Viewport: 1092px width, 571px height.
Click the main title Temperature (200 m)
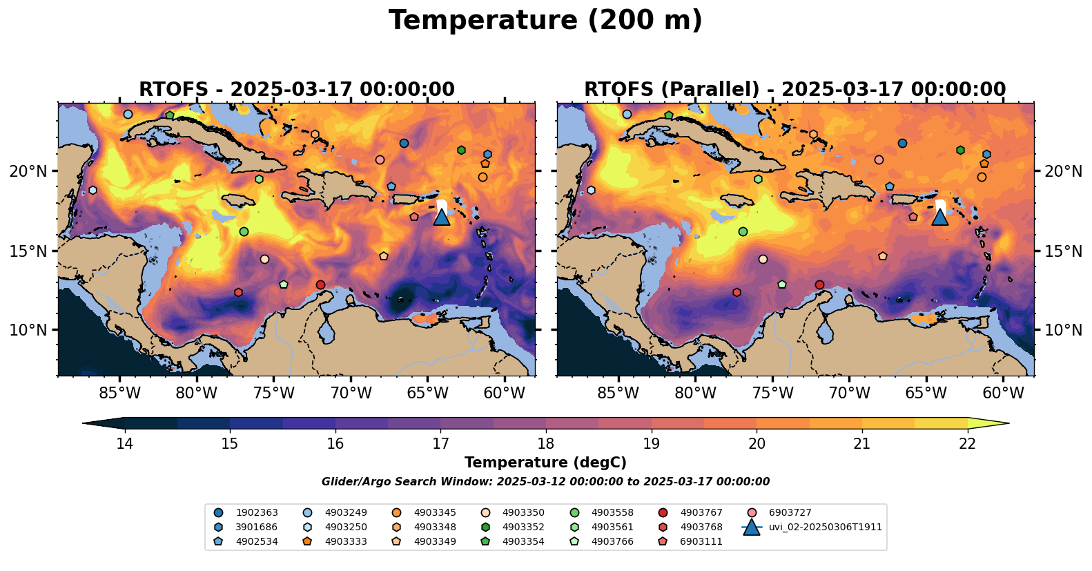pos(545,21)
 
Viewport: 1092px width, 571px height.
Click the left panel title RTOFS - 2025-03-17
pos(297,90)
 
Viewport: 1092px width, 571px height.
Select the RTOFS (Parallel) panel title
pos(795,90)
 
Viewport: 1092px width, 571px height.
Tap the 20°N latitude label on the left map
pos(28,171)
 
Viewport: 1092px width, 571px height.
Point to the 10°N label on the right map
pos(1063,330)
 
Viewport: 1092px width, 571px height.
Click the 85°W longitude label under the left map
pos(120,393)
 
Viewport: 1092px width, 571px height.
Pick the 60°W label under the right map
pos(1003,393)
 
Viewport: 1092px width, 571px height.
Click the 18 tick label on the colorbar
pos(546,443)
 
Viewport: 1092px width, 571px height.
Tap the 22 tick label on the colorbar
pos(967,443)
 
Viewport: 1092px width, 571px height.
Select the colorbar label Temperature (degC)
pos(545,463)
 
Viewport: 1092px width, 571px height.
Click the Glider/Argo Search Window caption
pos(545,482)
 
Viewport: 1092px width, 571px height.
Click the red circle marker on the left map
pos(320,284)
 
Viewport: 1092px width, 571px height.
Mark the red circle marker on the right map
pos(819,284)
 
